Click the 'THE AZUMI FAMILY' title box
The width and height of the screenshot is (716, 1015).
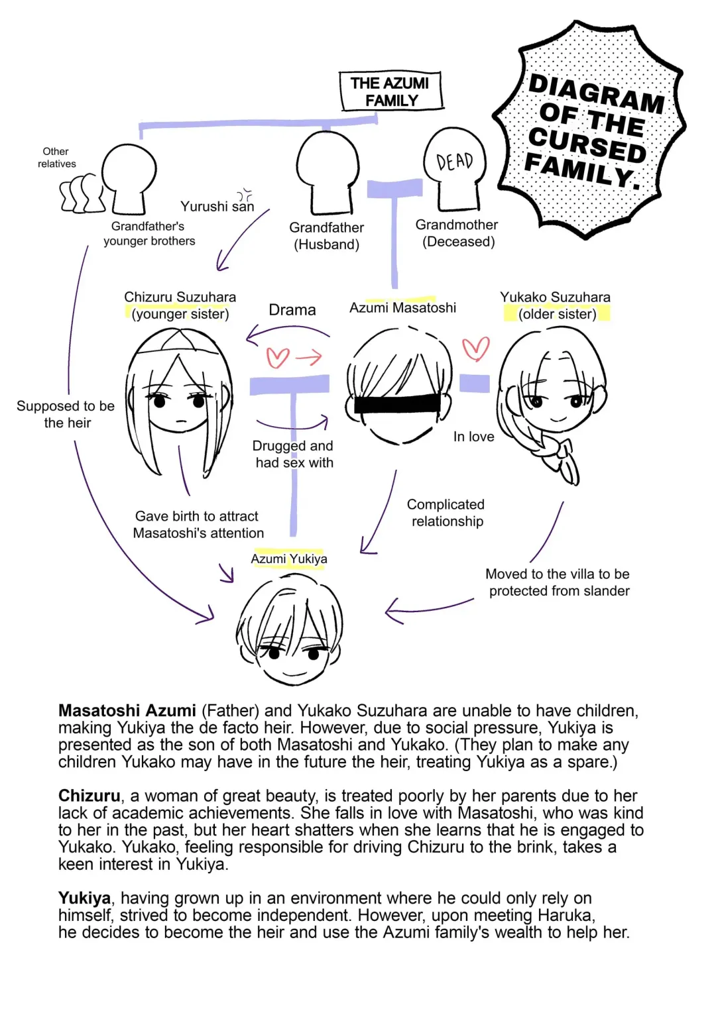[x=390, y=91]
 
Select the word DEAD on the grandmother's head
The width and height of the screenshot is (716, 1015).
[x=455, y=161]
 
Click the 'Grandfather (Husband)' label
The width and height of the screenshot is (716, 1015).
[x=327, y=236]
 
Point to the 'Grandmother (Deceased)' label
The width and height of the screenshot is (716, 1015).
[x=457, y=233]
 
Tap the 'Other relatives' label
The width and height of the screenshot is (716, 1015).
[x=56, y=158]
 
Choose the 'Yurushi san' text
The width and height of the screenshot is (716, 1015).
[x=217, y=207]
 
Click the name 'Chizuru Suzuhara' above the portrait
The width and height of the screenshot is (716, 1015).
[x=180, y=297]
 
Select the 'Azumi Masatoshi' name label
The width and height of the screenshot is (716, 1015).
[x=402, y=307]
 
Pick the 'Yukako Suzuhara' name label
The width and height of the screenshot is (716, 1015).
[x=555, y=297]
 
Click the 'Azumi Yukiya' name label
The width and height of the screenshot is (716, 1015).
[x=289, y=559]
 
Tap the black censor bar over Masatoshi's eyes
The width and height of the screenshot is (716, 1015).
[x=396, y=403]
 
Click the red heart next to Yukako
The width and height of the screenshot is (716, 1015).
[x=475, y=348]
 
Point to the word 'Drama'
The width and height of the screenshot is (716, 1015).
[x=292, y=310]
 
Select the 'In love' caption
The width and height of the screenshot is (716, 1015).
[x=473, y=437]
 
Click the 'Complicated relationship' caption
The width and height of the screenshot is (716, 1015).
[x=446, y=513]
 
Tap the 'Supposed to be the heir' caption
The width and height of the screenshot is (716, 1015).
[x=66, y=414]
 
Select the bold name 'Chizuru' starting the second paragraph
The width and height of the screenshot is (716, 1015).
[x=89, y=796]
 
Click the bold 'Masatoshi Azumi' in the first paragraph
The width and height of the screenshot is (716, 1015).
[x=127, y=711]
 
